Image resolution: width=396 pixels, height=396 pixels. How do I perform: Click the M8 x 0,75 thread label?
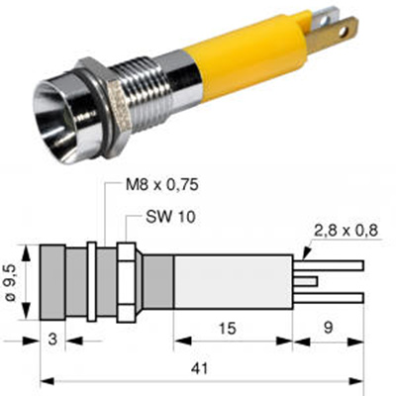162,185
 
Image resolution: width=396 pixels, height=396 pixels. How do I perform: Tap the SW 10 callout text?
170,217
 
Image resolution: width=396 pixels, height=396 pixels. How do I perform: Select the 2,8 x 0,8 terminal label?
346,231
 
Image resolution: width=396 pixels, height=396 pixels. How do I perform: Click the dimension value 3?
52,340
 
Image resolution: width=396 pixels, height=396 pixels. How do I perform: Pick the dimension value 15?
228,329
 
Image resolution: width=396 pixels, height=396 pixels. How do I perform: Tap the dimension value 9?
328,328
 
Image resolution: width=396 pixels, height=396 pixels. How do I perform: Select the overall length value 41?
200,368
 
